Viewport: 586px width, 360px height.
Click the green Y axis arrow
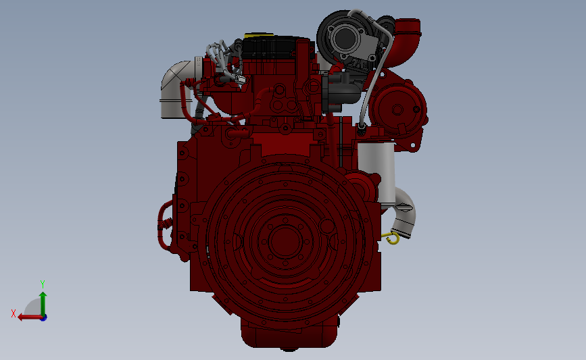[x=43, y=301]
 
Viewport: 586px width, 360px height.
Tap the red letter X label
[x=14, y=313]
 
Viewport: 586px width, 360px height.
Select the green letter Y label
[x=42, y=284]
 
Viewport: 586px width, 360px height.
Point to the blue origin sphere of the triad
[x=43, y=317]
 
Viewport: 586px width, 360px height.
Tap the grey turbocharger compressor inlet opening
[x=343, y=36]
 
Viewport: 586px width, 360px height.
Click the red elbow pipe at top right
[x=407, y=38]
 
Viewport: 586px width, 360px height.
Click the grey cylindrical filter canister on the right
[x=375, y=165]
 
